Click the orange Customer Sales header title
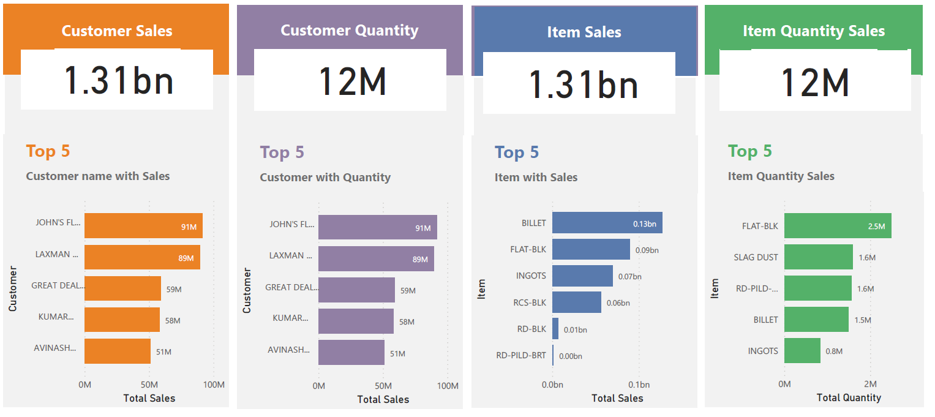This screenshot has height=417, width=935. click(117, 31)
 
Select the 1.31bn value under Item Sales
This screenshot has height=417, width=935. click(584, 84)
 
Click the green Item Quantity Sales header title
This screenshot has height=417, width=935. click(813, 31)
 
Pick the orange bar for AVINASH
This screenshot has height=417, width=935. click(118, 351)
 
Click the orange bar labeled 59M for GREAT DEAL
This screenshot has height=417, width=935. click(122, 288)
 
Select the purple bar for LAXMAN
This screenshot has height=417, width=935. click(376, 259)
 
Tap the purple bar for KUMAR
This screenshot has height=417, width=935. click(356, 321)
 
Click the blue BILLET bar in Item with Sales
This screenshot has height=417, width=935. click(607, 223)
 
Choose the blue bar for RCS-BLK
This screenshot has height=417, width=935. click(576, 302)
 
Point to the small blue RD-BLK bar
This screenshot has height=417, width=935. click(555, 329)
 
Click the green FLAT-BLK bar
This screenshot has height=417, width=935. click(837, 226)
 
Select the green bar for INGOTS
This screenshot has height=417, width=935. click(802, 351)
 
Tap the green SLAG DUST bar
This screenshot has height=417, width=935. click(818, 257)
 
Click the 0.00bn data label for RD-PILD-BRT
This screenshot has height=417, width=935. click(570, 356)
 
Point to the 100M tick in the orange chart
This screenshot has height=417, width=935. click(213, 385)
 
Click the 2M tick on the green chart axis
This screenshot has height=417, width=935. click(870, 384)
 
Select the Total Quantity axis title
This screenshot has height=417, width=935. click(849, 397)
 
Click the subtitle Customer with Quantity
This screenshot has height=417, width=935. click(325, 178)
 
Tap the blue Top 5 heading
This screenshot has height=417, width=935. click(517, 152)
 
